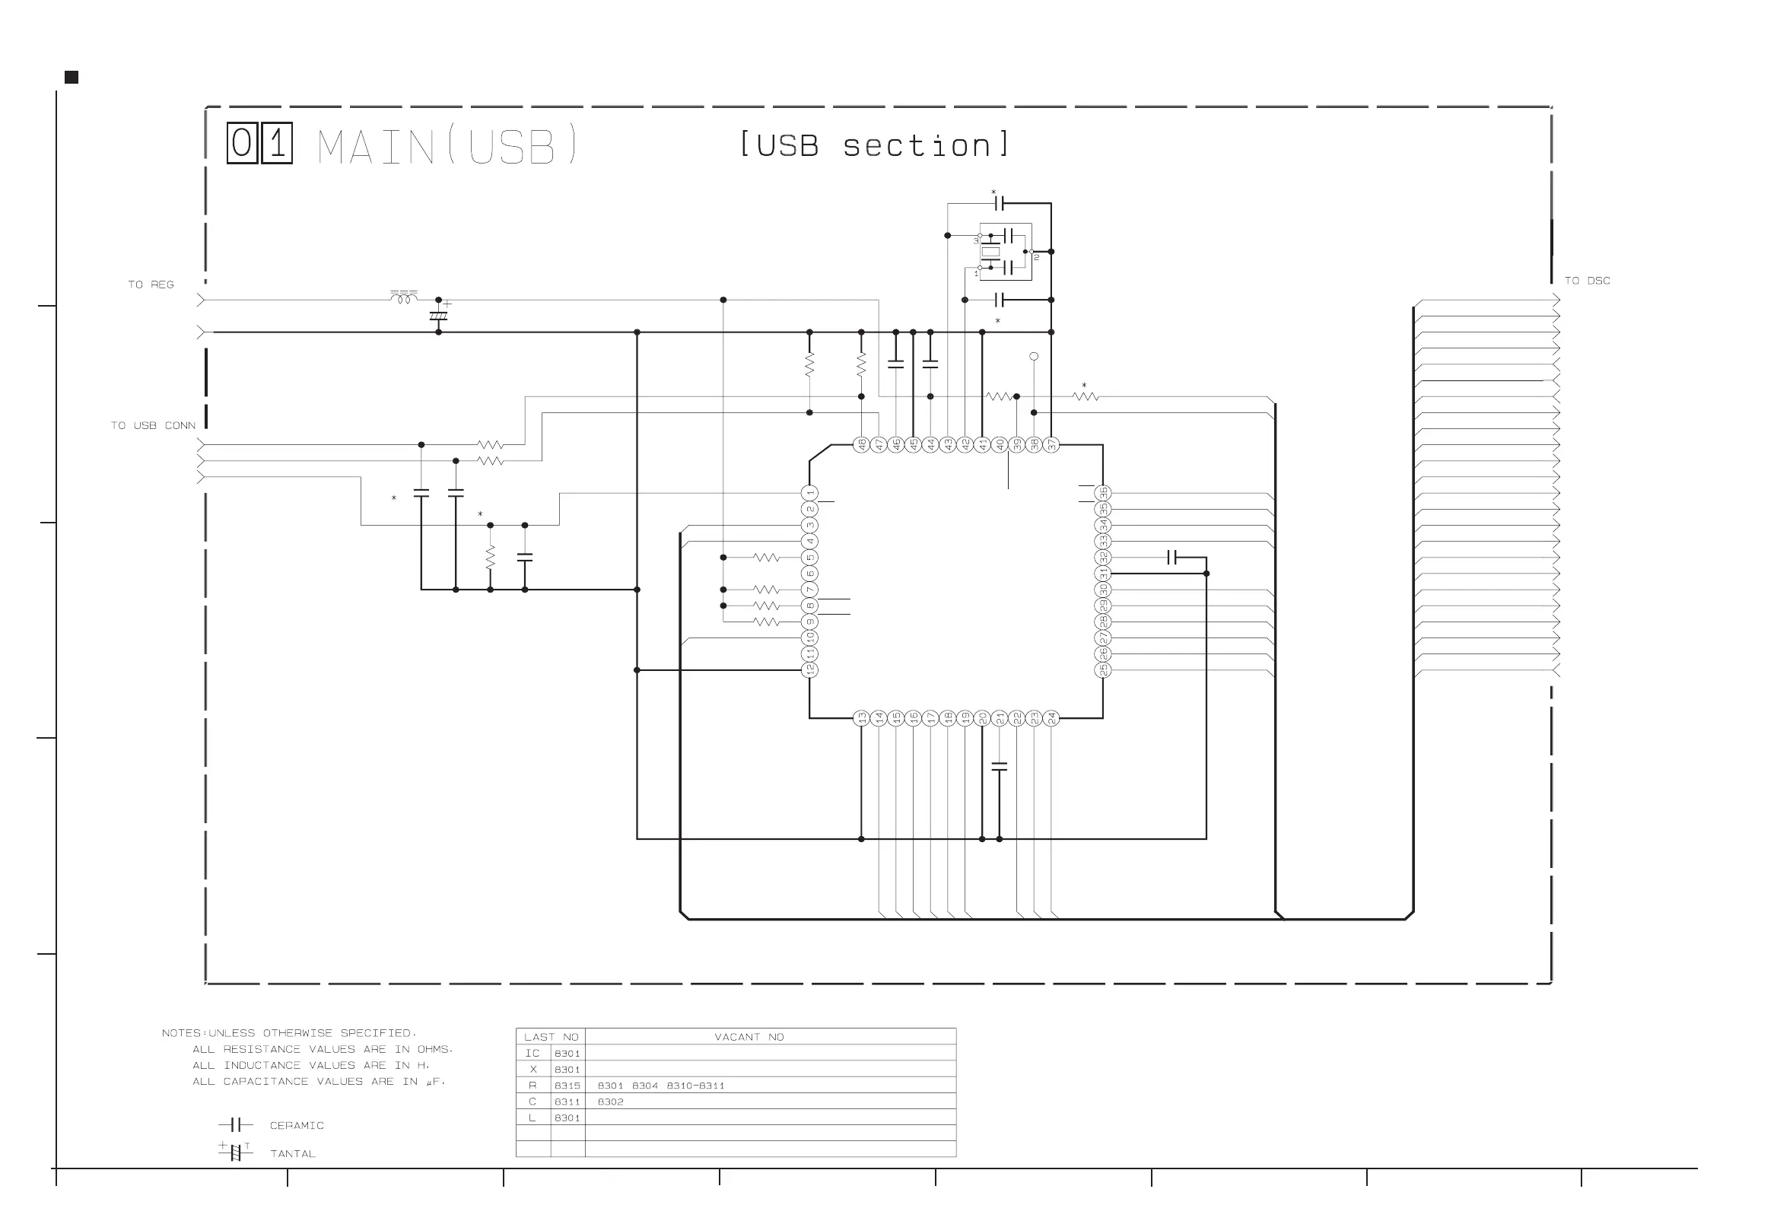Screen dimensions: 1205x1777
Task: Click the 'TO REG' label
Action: coord(151,285)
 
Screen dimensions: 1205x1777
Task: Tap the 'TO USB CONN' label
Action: coord(153,425)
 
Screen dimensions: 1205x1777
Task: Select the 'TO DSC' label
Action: coord(1587,281)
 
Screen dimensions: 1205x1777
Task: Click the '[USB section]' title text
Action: coord(874,145)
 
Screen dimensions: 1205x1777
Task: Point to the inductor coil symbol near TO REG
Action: coord(404,298)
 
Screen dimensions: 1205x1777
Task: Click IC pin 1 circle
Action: coord(809,493)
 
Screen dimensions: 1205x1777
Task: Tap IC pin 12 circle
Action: coord(809,669)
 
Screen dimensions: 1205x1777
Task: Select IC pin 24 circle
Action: coord(1051,718)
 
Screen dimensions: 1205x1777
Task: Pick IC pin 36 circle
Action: coord(1102,493)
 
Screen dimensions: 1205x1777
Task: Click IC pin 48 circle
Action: coord(861,444)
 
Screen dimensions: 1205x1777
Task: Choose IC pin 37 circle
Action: coord(1051,444)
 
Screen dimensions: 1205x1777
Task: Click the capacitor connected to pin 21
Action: coord(1000,766)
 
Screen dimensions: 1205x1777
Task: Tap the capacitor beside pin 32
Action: coord(1173,558)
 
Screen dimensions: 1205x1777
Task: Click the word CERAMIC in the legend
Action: coord(297,1125)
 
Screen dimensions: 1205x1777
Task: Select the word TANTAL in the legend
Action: coord(292,1154)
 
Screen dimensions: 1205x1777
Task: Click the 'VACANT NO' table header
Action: coord(749,1037)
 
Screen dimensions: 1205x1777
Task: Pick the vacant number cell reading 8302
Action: coord(610,1102)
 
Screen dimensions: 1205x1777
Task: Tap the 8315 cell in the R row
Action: coord(567,1086)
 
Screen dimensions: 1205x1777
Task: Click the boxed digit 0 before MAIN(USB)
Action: coord(243,144)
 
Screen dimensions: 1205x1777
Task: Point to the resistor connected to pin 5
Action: coord(766,558)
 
